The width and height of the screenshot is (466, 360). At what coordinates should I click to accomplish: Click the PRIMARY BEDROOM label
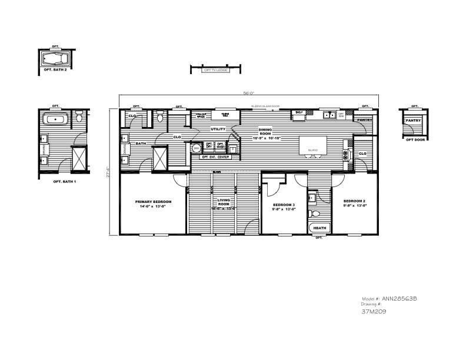point(153,204)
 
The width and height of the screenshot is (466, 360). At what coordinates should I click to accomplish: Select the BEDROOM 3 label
point(283,206)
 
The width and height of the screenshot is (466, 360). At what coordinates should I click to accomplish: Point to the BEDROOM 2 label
point(355,204)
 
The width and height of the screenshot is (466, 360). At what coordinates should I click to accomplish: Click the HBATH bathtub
point(319,228)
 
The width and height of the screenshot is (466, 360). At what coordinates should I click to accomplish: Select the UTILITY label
point(218,128)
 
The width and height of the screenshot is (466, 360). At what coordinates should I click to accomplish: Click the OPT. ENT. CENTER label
point(215,157)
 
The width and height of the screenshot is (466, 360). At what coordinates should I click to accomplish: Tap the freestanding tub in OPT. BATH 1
point(55,119)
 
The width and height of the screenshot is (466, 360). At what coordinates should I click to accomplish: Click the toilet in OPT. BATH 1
point(78,118)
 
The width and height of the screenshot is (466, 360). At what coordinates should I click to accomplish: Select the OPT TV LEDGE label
point(216,70)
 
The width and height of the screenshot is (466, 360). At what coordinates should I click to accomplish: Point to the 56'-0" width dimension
point(248,92)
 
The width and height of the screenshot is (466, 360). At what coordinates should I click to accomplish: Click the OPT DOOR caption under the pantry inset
point(415,139)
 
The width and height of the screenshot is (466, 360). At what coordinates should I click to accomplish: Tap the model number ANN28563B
point(399,298)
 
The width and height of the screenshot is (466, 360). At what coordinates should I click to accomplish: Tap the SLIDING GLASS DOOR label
point(265,106)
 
